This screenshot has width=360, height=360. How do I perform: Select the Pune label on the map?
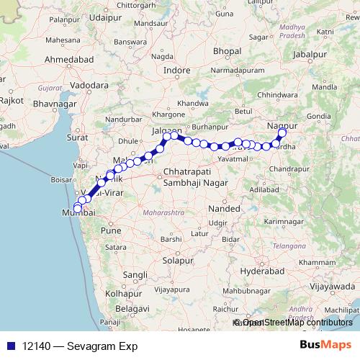[x=111, y=230]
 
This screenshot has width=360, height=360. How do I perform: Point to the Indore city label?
[x=177, y=71]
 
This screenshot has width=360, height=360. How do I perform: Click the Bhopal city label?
[x=227, y=51]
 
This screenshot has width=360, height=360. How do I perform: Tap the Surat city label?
[x=77, y=136]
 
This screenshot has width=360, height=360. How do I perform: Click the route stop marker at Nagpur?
[x=282, y=132]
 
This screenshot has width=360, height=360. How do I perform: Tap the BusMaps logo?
[x=325, y=345]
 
